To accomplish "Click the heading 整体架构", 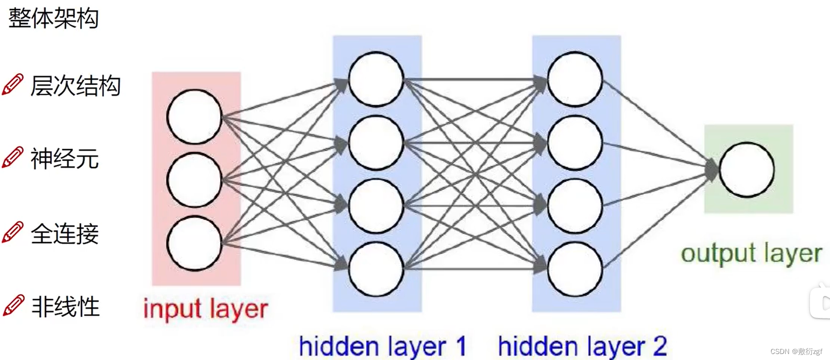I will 53,18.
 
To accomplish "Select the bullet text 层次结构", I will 75,85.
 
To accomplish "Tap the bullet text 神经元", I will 64,159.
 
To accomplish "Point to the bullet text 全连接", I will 64,233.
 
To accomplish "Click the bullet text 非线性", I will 65,306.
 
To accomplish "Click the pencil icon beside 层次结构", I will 13,84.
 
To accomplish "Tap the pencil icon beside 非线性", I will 13,305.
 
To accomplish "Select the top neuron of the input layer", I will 194,116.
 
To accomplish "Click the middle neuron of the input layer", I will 194,179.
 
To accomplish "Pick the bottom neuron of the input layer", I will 194,243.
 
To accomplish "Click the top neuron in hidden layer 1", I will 376,79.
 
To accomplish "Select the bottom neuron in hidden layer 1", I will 376,269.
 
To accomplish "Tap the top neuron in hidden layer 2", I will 575,79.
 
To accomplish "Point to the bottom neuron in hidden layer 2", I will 575,269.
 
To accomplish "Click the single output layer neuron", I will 747,169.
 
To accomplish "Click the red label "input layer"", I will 205,308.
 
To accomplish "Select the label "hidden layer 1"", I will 382,346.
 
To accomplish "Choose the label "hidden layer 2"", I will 582,346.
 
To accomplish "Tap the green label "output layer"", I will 751,253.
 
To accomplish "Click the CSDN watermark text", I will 796,351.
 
